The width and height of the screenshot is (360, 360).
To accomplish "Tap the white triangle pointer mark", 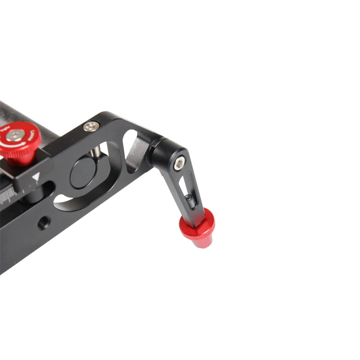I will pos(36,177).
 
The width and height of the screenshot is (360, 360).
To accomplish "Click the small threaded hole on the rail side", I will pos(43,223).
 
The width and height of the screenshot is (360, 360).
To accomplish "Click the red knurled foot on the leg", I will pos(197,229).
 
